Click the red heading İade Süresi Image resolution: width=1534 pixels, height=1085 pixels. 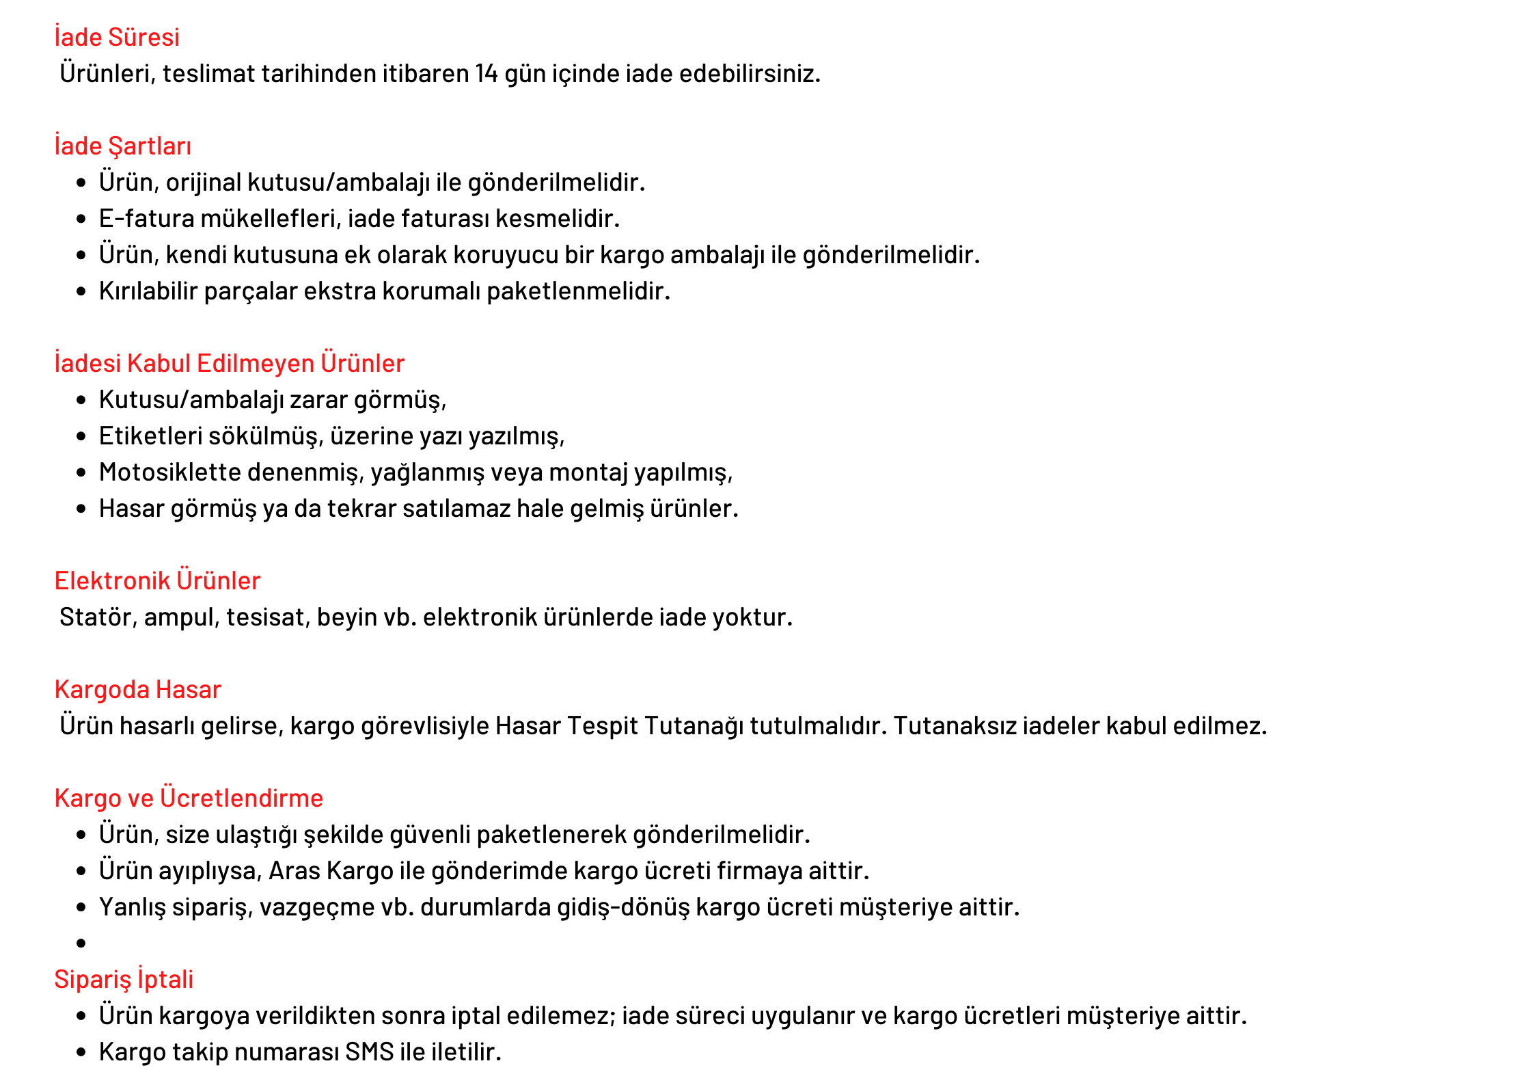[117, 38]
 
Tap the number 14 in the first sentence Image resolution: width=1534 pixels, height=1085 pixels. [487, 74]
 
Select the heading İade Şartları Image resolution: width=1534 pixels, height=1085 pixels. [123, 146]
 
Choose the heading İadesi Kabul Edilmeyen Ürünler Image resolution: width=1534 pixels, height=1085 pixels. [230, 364]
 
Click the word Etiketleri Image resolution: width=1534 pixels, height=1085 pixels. [150, 436]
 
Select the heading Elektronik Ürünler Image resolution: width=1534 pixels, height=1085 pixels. [157, 581]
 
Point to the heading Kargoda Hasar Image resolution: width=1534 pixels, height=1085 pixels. [138, 690]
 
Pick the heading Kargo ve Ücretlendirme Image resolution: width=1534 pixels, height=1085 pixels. [189, 799]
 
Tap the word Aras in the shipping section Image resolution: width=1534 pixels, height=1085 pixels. [295, 871]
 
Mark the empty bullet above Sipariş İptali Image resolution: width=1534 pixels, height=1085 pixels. [81, 943]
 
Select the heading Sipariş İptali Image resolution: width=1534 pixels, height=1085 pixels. [124, 980]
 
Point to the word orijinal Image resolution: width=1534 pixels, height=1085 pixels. [203, 183]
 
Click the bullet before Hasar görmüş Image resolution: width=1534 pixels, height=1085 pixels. [81, 509]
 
